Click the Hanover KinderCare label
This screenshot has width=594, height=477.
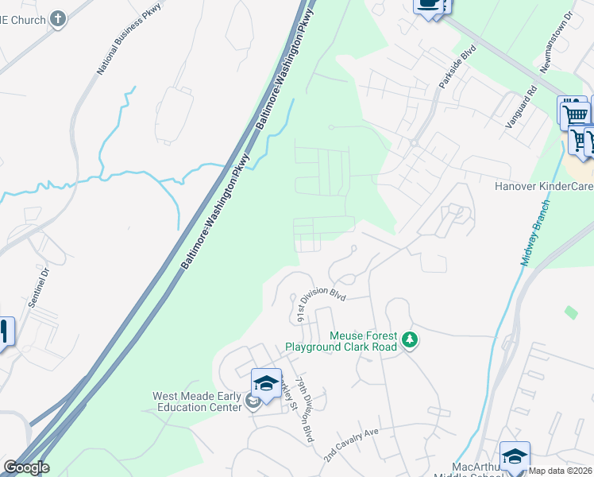pyautogui.click(x=543, y=187)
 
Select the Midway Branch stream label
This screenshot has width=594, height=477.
pyautogui.click(x=537, y=243)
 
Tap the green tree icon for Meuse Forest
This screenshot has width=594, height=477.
pyautogui.click(x=409, y=340)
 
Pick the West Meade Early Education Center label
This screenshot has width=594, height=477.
pyautogui.click(x=197, y=401)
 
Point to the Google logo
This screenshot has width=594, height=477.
pyautogui.click(x=26, y=467)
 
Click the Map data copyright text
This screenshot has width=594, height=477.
pyautogui.click(x=560, y=471)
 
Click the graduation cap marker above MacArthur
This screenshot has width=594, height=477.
pyautogui.click(x=515, y=455)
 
